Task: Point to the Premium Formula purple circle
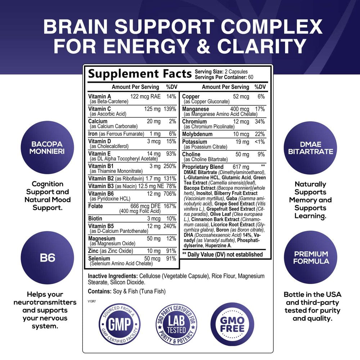pos(310,257)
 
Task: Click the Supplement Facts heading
pos(140,74)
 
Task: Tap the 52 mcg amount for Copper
pos(241,96)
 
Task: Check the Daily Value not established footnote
pos(222,255)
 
